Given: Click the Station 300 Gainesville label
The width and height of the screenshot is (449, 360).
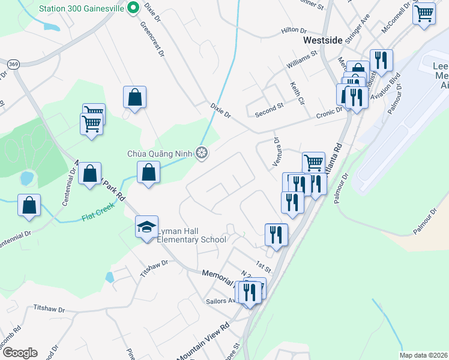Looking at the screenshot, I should [x=81, y=9].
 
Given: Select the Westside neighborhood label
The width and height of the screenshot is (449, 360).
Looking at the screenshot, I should [x=323, y=40].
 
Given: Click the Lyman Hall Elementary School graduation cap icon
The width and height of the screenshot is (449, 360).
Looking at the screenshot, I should [x=146, y=227].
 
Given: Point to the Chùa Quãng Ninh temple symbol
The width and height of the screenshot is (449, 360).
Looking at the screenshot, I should [x=202, y=154].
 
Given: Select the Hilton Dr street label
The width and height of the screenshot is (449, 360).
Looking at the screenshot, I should [x=294, y=31].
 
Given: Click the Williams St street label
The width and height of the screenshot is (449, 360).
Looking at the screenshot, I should [x=301, y=58].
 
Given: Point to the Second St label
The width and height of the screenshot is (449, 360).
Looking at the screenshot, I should [x=268, y=108].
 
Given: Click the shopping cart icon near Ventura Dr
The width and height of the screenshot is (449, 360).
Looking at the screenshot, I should [x=313, y=161].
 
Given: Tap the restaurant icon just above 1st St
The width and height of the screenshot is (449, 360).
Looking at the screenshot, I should [x=276, y=233].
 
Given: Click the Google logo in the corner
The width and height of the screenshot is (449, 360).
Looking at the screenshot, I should [x=19, y=353].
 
